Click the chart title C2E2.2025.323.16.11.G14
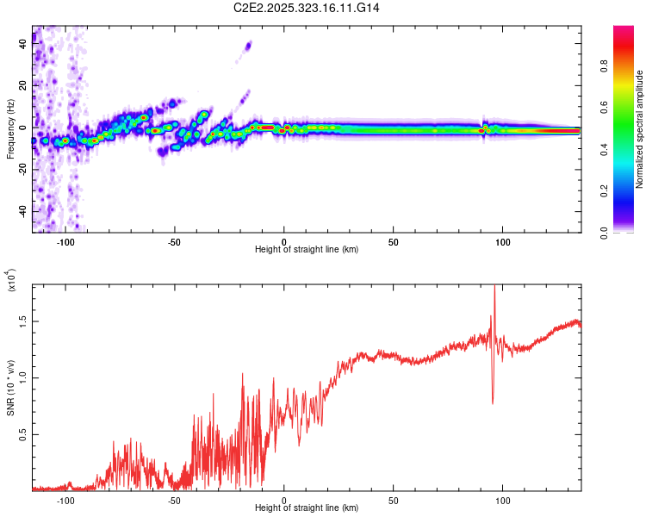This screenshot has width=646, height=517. coord(307,8)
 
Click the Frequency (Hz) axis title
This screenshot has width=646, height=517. coord(10,129)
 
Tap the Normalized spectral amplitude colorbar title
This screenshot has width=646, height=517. coord(639,129)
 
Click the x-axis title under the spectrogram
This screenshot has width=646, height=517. coord(307,249)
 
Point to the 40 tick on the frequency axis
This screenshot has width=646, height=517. coord(22,46)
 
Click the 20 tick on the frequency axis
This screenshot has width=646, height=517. coord(22,87)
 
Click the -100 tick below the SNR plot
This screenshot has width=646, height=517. coord(65,500)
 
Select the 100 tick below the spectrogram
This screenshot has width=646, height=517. coord(503,241)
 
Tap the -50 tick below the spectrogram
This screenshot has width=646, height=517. coord(174,241)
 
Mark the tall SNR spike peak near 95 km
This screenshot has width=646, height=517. coord(494,287)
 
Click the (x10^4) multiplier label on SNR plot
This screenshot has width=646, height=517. coord(12,281)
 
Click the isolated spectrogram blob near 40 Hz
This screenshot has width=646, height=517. coord(249,46)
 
